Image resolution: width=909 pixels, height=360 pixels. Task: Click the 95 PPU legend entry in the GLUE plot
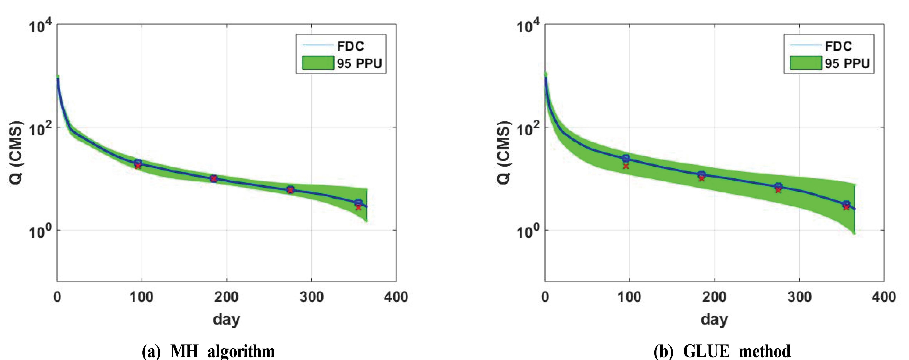pyautogui.click(x=847, y=63)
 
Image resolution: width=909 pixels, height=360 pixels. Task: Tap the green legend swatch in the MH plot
pyautogui.click(x=318, y=63)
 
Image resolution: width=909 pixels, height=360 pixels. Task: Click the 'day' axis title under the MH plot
pyautogui.click(x=226, y=319)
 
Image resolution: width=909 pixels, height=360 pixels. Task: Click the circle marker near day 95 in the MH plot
pyautogui.click(x=138, y=163)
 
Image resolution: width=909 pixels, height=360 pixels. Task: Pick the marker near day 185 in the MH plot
pyautogui.click(x=213, y=179)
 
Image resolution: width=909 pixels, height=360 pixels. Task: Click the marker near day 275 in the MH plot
pyautogui.click(x=290, y=189)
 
